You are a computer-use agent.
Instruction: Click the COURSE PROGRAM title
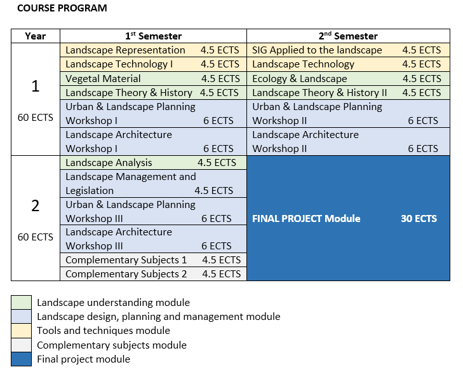(62, 8)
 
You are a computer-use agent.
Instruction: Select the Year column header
(36, 36)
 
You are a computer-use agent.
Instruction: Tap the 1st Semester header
(153, 36)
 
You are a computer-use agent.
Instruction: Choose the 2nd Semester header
(347, 36)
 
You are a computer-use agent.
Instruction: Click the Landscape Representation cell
(126, 50)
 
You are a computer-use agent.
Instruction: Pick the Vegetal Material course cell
(104, 79)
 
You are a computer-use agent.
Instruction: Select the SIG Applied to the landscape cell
(318, 50)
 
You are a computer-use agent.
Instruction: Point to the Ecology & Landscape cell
(300, 79)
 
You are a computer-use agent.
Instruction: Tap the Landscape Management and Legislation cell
(131, 183)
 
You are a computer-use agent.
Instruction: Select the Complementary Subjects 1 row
(126, 260)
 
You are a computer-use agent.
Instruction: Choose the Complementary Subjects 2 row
(126, 274)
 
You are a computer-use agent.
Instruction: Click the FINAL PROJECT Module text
(306, 219)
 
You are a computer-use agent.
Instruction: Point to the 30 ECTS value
(419, 219)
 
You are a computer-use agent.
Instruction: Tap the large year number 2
(36, 205)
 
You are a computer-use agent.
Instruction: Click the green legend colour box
(21, 303)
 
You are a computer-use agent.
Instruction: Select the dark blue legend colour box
(21, 359)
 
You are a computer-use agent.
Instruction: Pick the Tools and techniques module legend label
(104, 331)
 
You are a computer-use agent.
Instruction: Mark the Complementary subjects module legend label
(112, 345)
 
